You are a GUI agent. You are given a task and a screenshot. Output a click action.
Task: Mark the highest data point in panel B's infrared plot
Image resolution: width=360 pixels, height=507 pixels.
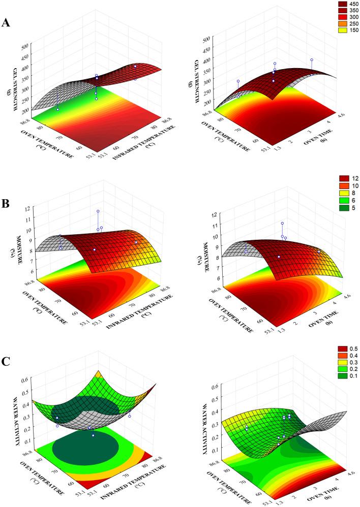[98, 211]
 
